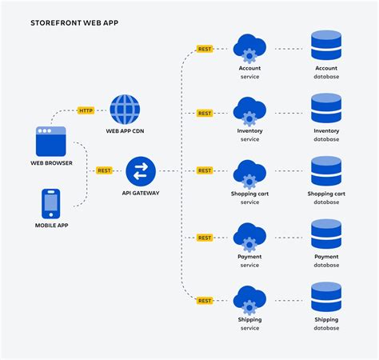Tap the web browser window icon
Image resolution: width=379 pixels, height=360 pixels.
pos(50,141)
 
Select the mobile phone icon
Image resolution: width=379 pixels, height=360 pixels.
pos(50,203)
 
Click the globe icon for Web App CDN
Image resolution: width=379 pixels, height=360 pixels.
pos(125,110)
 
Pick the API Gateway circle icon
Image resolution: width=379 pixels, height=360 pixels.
pos(141,170)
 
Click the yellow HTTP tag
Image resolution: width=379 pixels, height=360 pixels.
pos(86,110)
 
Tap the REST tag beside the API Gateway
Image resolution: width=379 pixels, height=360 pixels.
pos(105,170)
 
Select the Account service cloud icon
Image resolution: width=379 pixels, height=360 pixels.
pos(249,48)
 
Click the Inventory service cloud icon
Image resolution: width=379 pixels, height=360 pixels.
pos(249,111)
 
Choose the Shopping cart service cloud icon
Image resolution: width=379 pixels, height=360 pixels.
pos(249,174)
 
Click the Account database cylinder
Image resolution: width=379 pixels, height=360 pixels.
pos(326,46)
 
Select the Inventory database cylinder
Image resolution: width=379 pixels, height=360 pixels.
pos(326,108)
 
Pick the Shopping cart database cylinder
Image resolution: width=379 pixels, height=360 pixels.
pos(326,171)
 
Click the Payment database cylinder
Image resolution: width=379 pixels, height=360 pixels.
pos(326,234)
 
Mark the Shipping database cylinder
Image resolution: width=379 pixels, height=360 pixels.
pos(326,297)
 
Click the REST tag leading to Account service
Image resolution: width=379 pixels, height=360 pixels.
pos(205,49)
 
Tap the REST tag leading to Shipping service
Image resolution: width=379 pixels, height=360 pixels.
pos(205,301)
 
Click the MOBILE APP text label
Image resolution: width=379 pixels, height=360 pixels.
pos(50,226)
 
